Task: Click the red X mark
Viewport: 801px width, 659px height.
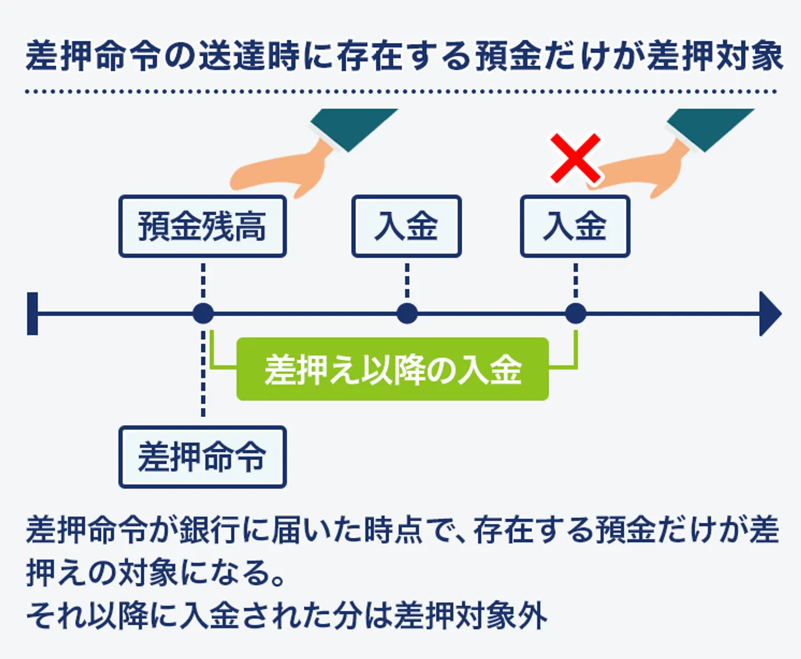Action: click(x=575, y=158)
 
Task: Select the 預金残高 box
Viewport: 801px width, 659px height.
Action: click(x=202, y=226)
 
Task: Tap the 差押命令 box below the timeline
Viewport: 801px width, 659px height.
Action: click(x=202, y=457)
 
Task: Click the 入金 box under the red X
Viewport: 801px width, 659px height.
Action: click(x=575, y=226)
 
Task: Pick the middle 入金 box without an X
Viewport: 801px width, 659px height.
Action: click(x=407, y=226)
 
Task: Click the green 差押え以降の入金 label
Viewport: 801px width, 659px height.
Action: click(x=393, y=369)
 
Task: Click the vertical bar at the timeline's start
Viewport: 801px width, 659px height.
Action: click(x=33, y=314)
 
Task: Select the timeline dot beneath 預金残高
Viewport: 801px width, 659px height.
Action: click(x=203, y=314)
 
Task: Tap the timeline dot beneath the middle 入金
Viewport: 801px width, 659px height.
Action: click(x=407, y=314)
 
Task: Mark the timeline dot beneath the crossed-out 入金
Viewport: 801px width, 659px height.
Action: click(x=576, y=314)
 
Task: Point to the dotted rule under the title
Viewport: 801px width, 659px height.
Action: click(x=400, y=91)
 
